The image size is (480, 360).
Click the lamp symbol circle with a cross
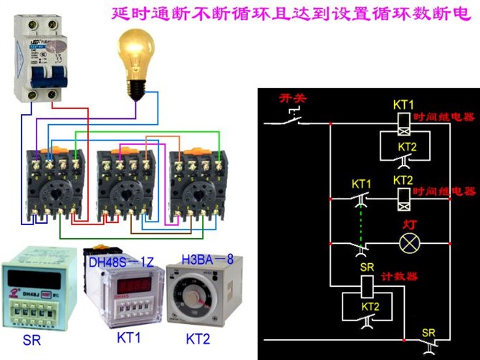click(408, 243)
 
